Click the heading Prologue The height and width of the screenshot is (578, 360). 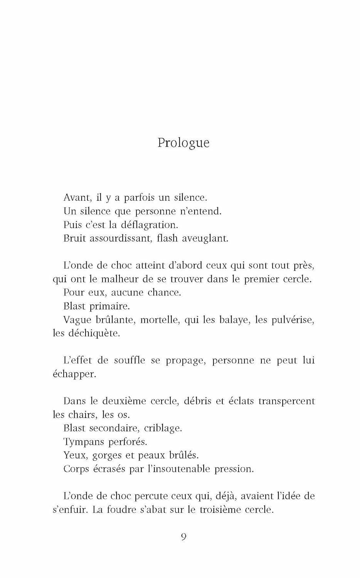click(x=183, y=143)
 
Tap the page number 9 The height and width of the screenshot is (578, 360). click(x=183, y=537)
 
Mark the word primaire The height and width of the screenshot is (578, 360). click(x=109, y=306)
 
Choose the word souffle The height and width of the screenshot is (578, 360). click(x=130, y=360)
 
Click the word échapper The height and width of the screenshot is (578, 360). click(x=74, y=374)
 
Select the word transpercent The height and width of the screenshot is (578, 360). click(x=286, y=401)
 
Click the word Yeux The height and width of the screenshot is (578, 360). click(x=76, y=455)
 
